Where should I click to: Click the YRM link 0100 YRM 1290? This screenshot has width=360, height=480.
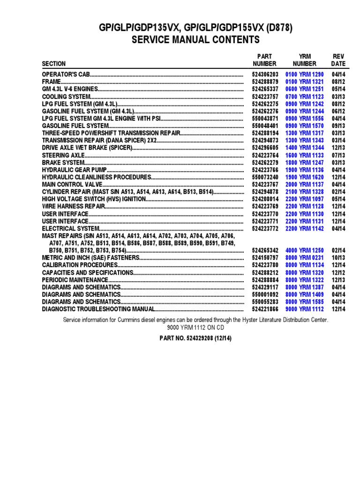pyautogui.click(x=304, y=75)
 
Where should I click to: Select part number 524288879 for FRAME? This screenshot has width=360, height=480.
pyautogui.click(x=265, y=82)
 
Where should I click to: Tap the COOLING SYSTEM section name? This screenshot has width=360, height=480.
pyautogui.click(x=65, y=97)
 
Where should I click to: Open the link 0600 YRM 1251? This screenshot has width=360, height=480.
pyautogui.click(x=304, y=89)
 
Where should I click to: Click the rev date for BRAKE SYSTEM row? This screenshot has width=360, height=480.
pyautogui.click(x=338, y=162)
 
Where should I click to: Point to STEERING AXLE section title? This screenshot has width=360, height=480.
pyautogui.click(x=63, y=155)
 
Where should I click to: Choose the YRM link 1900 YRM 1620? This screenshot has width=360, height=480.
pyautogui.click(x=304, y=177)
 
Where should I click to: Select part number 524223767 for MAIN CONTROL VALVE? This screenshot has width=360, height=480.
pyautogui.click(x=265, y=185)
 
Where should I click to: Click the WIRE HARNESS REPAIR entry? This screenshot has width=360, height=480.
pyautogui.click(x=73, y=207)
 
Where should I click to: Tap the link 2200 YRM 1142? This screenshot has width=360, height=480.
pyautogui.click(x=304, y=229)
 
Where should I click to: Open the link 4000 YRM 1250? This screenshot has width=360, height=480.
pyautogui.click(x=304, y=251)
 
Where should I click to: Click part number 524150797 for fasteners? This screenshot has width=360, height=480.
pyautogui.click(x=265, y=258)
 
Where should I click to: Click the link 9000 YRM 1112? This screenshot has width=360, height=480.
pyautogui.click(x=304, y=309)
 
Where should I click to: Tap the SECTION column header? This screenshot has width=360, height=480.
pyautogui.click(x=54, y=64)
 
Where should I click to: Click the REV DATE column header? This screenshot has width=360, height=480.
pyautogui.click(x=338, y=60)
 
